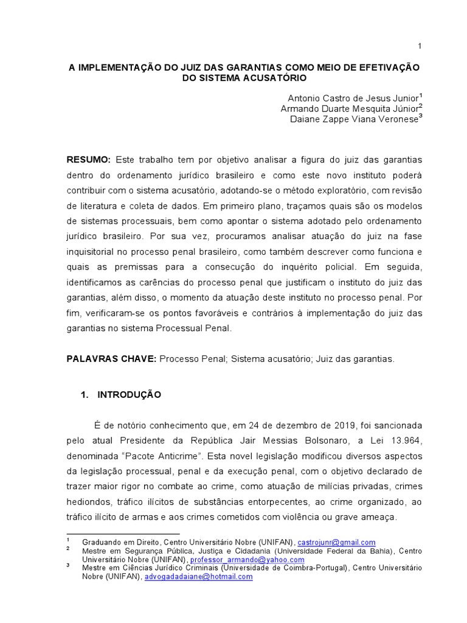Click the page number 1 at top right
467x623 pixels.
click(420, 46)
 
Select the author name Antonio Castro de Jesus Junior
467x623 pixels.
click(353, 98)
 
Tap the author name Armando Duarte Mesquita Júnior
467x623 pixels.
click(349, 108)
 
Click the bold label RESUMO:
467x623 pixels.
click(88, 159)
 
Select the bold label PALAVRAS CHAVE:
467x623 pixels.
click(111, 359)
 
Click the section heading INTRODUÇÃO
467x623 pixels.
click(129, 394)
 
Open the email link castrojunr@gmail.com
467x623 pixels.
click(336, 542)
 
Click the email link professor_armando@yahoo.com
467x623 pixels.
click(247, 560)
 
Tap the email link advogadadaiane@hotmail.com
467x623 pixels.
click(198, 577)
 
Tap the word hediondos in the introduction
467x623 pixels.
click(89, 502)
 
